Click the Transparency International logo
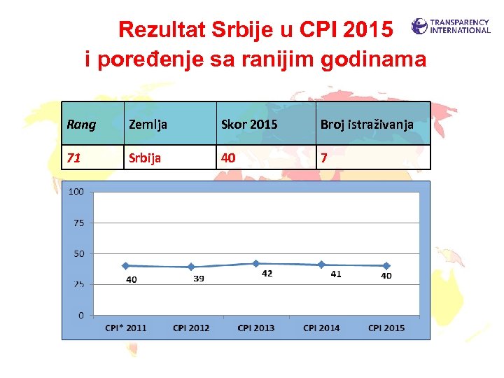451,27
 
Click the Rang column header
81,125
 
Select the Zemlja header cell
147,125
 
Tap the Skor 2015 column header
249,125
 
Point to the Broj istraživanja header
367,125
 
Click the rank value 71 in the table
73,157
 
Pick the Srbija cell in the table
144,157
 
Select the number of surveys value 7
324,157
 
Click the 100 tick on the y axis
76,192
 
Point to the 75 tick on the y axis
78,223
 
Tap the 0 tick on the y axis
81,315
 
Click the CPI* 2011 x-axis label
126,328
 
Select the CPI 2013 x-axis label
256,328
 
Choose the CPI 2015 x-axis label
386,328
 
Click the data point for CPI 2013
256,263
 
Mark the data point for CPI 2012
191,267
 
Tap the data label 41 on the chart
336,274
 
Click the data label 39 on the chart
199,279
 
